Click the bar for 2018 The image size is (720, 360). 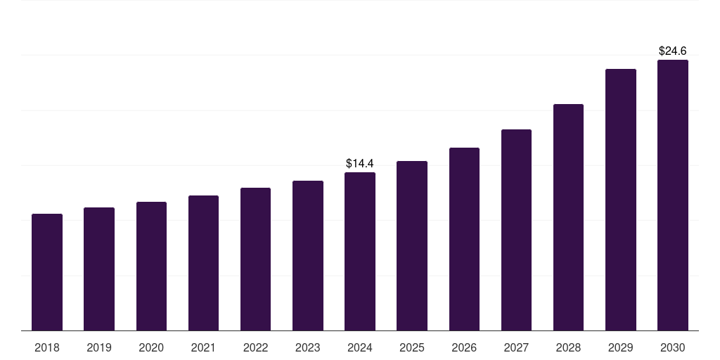[47, 272]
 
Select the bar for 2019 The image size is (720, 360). [99, 269]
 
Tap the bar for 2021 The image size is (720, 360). [203, 263]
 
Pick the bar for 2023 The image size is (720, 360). [308, 255]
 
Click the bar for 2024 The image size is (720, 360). [360, 251]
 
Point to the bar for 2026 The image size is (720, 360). [464, 239]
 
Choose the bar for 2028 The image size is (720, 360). [568, 217]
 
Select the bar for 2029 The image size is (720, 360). [621, 200]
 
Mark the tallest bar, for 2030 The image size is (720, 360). [673, 195]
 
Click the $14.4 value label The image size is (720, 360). [360, 163]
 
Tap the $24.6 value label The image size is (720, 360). [673, 51]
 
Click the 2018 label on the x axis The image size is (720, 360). [47, 347]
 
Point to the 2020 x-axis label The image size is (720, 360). [151, 347]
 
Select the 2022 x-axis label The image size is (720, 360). [255, 347]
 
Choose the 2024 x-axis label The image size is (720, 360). [360, 347]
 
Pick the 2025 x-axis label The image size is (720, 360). [412, 347]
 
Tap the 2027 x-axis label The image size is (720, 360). [516, 347]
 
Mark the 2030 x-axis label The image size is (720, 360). [673, 347]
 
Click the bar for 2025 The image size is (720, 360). [412, 245]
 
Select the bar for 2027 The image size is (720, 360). [516, 230]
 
